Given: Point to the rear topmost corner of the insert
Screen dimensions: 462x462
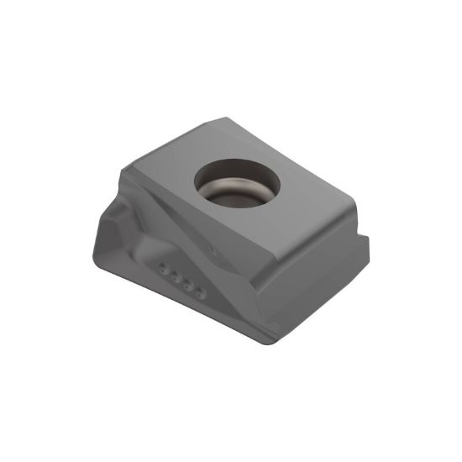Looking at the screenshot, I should (x=225, y=119).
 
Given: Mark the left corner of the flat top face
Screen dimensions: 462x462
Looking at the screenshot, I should (x=123, y=169).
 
